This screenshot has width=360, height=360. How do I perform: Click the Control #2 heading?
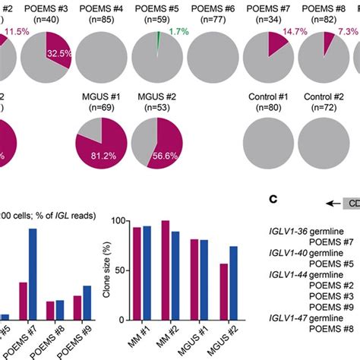point(322,98)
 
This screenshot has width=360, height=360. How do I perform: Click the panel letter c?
point(274,199)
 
